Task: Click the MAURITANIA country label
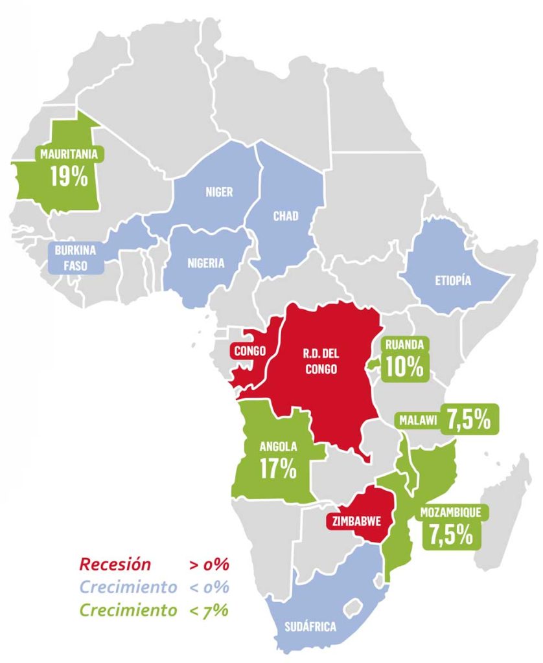click(x=69, y=155)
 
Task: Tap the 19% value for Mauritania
click(x=69, y=175)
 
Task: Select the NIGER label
click(x=219, y=192)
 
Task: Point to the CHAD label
click(x=286, y=216)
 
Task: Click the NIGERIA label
click(x=206, y=263)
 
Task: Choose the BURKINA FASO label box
click(x=76, y=257)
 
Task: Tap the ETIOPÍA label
click(x=453, y=281)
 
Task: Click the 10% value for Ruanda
click(x=404, y=366)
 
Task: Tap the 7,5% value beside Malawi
click(x=469, y=420)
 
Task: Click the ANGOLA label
click(x=278, y=447)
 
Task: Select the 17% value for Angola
click(x=278, y=468)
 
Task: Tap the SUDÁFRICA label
click(x=310, y=627)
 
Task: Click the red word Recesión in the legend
click(x=115, y=564)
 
